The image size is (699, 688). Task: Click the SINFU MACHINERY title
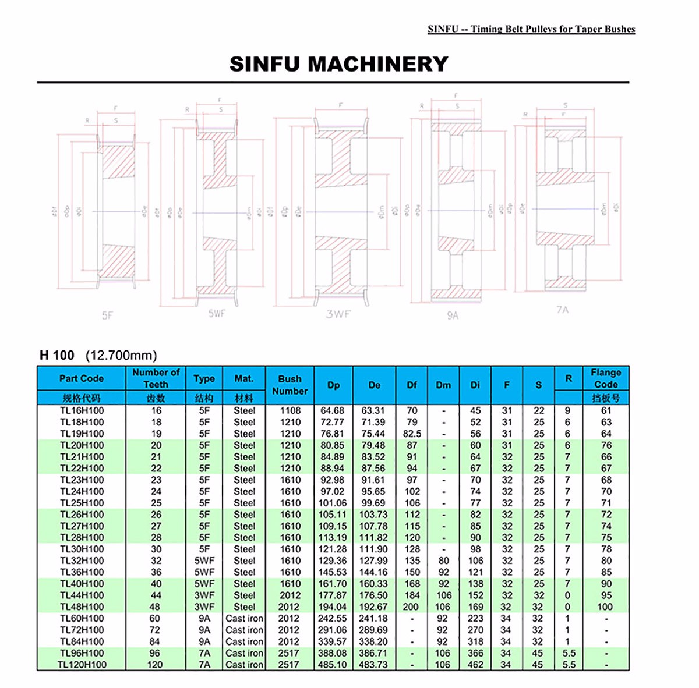[338, 63]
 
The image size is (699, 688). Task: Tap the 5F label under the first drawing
[107, 315]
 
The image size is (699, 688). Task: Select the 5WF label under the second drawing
[217, 313]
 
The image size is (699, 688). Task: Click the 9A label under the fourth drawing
[453, 315]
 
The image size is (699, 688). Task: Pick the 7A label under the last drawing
[562, 310]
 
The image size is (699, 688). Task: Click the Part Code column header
[81, 378]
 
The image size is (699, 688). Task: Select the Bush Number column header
[290, 385]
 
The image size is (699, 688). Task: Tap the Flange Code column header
[606, 378]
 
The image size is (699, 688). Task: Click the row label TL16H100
[82, 410]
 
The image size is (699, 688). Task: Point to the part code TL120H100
[82, 664]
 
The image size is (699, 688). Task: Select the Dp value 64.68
[333, 410]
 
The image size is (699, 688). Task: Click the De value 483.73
[373, 664]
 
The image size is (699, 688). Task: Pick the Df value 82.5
[412, 434]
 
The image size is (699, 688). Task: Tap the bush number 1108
[290, 410]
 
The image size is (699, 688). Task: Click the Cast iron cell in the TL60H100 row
[244, 618]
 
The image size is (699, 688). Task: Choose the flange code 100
[606, 607]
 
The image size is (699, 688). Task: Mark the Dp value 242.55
[333, 618]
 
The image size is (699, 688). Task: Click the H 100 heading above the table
[57, 355]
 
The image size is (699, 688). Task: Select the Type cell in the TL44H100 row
[204, 595]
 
